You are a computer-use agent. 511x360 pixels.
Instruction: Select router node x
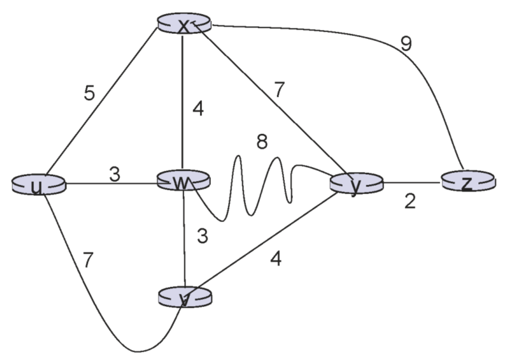(x=184, y=24)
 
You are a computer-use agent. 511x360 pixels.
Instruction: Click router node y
(x=356, y=184)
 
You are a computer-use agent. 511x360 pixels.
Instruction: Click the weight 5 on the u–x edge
(x=90, y=93)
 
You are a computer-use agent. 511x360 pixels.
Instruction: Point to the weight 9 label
(x=406, y=44)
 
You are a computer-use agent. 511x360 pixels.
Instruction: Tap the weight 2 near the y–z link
(x=410, y=202)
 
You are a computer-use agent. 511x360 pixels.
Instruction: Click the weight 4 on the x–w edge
(x=198, y=109)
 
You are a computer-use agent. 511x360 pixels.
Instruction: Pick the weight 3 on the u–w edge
(x=114, y=174)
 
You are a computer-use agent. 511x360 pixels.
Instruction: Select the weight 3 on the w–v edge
(x=203, y=236)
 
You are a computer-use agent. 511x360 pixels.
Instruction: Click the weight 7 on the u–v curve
(x=89, y=260)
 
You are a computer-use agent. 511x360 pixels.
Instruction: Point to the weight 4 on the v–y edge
(x=276, y=259)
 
